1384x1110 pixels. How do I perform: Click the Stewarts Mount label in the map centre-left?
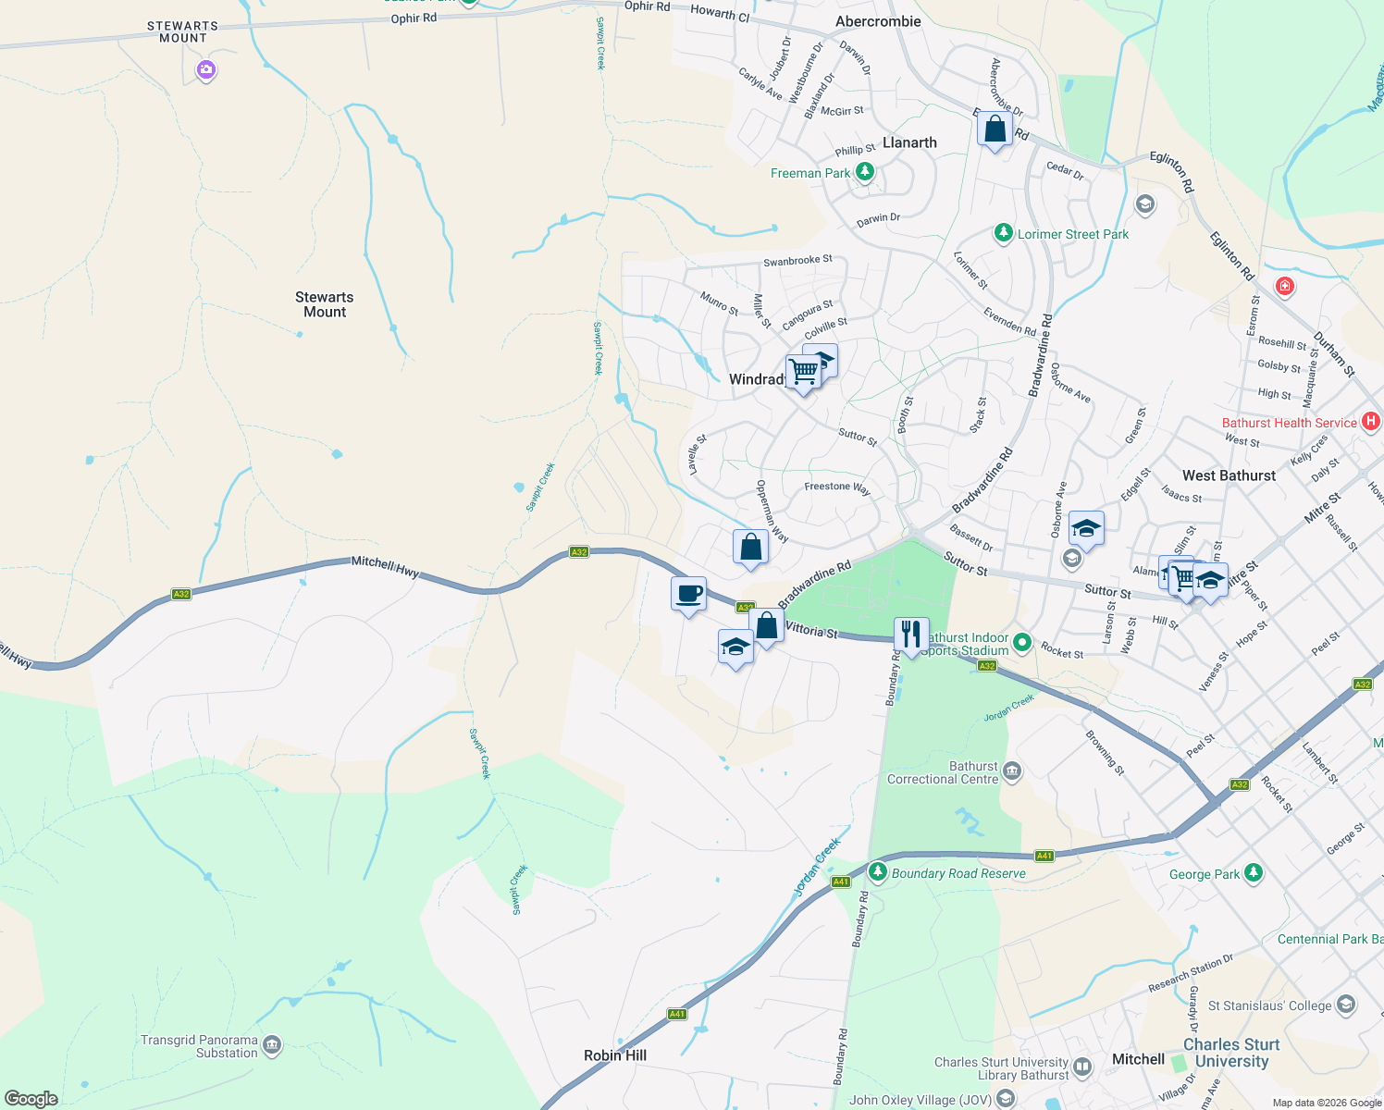click(x=324, y=304)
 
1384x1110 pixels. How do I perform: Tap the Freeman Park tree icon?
click(x=865, y=172)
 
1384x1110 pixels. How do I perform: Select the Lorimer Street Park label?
click(x=1073, y=234)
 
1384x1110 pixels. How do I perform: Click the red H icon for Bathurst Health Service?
click(x=1371, y=422)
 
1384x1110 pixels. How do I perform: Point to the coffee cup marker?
click(x=688, y=594)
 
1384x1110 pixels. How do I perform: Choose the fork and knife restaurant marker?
click(x=911, y=635)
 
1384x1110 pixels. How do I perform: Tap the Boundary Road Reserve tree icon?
click(x=878, y=872)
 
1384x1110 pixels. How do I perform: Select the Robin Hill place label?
click(x=615, y=1055)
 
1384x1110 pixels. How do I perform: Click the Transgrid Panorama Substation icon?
click(x=271, y=1045)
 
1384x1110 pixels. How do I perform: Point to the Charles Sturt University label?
click(x=1231, y=1053)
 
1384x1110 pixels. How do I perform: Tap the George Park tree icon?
click(x=1254, y=872)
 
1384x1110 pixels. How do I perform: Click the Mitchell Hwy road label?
click(x=385, y=566)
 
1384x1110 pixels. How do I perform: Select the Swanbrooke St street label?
click(x=797, y=261)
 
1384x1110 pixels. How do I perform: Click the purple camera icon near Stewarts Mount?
click(x=206, y=69)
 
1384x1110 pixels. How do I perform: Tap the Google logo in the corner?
click(x=31, y=1099)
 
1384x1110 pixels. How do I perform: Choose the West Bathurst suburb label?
click(x=1229, y=475)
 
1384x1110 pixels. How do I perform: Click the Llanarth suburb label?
click(x=909, y=142)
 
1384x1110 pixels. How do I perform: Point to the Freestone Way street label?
click(x=837, y=487)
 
